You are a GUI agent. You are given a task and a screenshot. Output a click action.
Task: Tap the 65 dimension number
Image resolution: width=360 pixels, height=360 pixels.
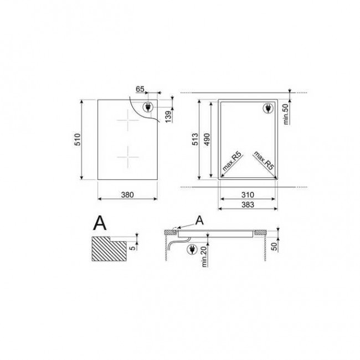coord(140,88)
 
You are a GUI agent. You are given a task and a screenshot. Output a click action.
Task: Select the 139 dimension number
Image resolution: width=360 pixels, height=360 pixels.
coord(168,115)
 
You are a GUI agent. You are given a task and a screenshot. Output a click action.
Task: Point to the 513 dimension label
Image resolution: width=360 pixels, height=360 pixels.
coord(196,141)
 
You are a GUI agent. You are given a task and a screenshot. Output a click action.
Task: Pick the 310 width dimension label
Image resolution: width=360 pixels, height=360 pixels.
coord(247,195)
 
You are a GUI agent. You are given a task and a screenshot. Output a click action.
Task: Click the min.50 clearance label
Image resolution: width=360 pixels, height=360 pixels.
coord(286,114)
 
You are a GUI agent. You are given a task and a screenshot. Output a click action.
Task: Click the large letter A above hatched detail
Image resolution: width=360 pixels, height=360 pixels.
coord(100,223)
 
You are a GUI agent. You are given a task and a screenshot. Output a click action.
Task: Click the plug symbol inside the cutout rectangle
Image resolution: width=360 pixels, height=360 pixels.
coord(267,109)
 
